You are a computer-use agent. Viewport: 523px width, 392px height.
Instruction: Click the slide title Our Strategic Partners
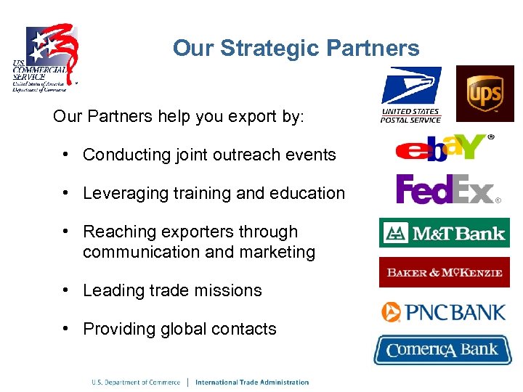click(x=296, y=49)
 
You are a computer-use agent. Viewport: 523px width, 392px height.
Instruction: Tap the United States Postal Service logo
click(x=411, y=95)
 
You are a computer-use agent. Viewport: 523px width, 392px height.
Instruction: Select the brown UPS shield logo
click(x=485, y=94)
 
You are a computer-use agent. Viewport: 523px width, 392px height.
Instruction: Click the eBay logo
click(x=444, y=147)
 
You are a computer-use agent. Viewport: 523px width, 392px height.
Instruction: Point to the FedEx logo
click(x=447, y=189)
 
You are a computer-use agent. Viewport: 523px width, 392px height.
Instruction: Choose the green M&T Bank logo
click(x=444, y=233)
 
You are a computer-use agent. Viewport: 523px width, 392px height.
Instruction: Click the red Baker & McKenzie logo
click(x=444, y=272)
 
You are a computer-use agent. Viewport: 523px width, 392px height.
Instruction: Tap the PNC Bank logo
click(x=443, y=312)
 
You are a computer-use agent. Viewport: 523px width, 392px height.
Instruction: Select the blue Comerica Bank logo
click(x=442, y=350)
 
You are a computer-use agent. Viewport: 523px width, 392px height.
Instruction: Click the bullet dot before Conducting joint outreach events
click(x=65, y=155)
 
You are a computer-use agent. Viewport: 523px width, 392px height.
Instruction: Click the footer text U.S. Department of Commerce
click(x=135, y=382)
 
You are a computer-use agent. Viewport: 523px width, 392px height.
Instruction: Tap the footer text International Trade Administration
click(x=252, y=382)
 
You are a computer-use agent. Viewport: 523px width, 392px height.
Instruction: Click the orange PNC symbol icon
click(x=392, y=312)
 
